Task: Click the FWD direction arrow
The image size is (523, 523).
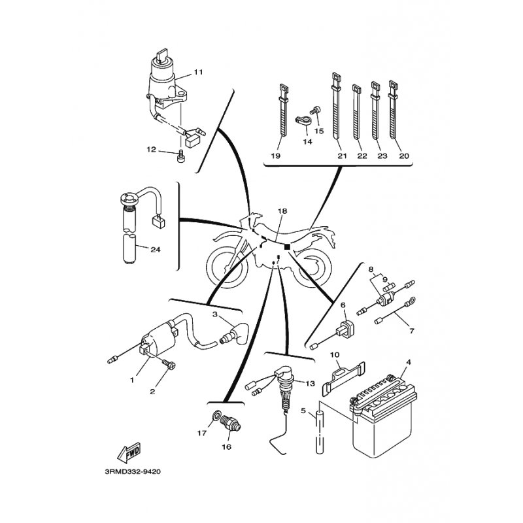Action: click(x=129, y=452)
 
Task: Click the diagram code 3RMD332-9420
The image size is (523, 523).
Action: click(x=133, y=472)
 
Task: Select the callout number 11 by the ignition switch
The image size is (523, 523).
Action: click(x=199, y=72)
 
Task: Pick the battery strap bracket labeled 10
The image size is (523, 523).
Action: click(x=344, y=377)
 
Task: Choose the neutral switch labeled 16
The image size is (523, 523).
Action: click(x=231, y=423)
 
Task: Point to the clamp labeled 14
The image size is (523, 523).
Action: click(x=303, y=121)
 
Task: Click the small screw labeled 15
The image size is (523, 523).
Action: click(x=315, y=110)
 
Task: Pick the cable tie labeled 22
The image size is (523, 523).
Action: click(x=357, y=112)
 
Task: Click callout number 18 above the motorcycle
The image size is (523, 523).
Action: click(x=282, y=211)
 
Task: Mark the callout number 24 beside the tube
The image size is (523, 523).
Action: click(x=156, y=249)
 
